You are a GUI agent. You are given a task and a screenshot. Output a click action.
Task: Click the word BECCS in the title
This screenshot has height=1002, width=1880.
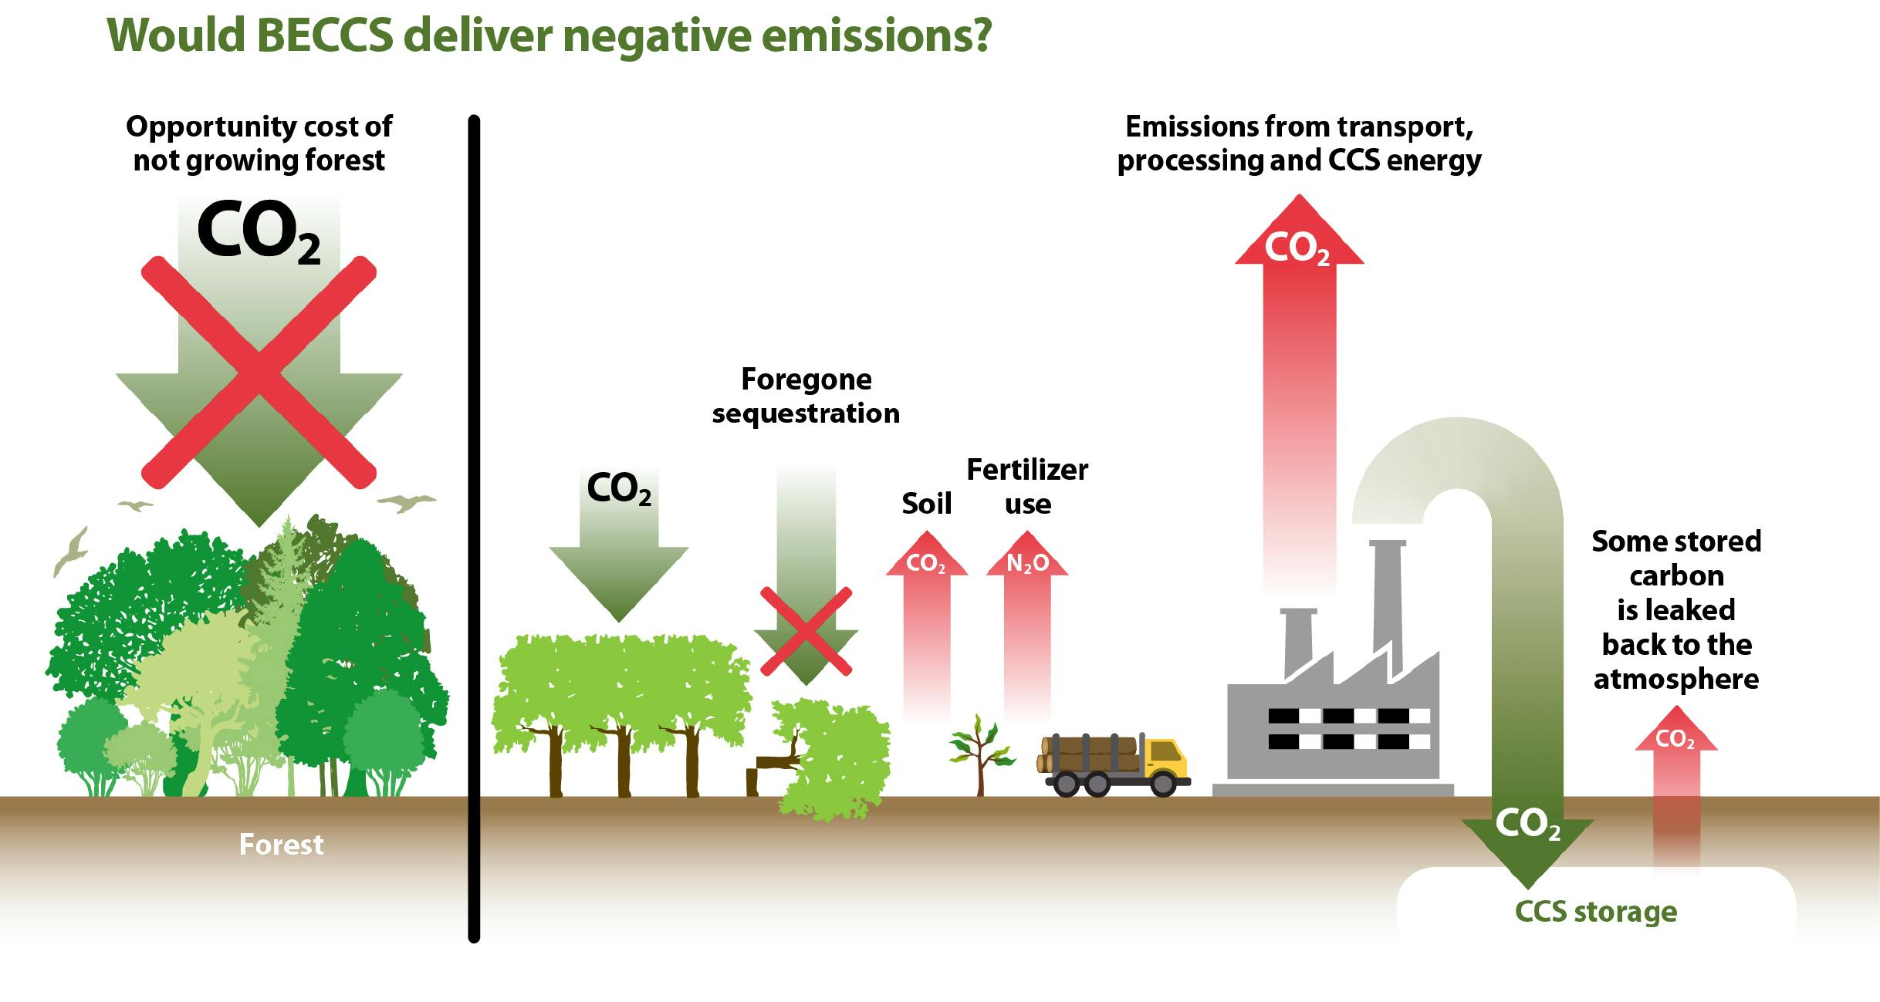tap(323, 35)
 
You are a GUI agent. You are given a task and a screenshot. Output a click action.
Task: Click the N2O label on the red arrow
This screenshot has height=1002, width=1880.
tap(1027, 564)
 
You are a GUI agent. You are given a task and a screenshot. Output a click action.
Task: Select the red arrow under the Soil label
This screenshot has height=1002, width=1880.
tap(926, 625)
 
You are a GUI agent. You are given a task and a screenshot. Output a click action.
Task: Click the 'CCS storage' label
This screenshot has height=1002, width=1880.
tap(1595, 912)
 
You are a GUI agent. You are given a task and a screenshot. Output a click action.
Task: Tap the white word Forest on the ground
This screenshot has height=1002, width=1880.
tap(281, 845)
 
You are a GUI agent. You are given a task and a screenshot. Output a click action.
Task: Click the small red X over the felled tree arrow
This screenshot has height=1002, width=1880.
tap(806, 630)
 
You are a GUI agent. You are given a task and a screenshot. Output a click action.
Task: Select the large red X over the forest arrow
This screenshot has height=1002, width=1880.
tap(259, 373)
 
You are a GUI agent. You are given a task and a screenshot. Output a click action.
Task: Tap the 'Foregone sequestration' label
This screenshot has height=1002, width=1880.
tap(806, 396)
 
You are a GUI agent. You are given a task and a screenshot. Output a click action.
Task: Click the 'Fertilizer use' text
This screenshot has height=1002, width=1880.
tap(1027, 487)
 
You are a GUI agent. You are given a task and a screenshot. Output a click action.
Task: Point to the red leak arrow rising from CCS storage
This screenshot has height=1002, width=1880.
tap(1675, 795)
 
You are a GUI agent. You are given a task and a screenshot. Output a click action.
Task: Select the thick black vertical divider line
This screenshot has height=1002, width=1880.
tap(474, 529)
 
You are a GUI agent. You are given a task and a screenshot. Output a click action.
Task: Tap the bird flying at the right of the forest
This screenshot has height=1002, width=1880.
tap(407, 503)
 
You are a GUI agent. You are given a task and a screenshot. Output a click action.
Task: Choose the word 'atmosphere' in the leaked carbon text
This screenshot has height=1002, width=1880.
tap(1676, 679)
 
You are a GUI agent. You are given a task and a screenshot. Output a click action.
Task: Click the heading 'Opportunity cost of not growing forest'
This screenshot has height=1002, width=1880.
tap(259, 143)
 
